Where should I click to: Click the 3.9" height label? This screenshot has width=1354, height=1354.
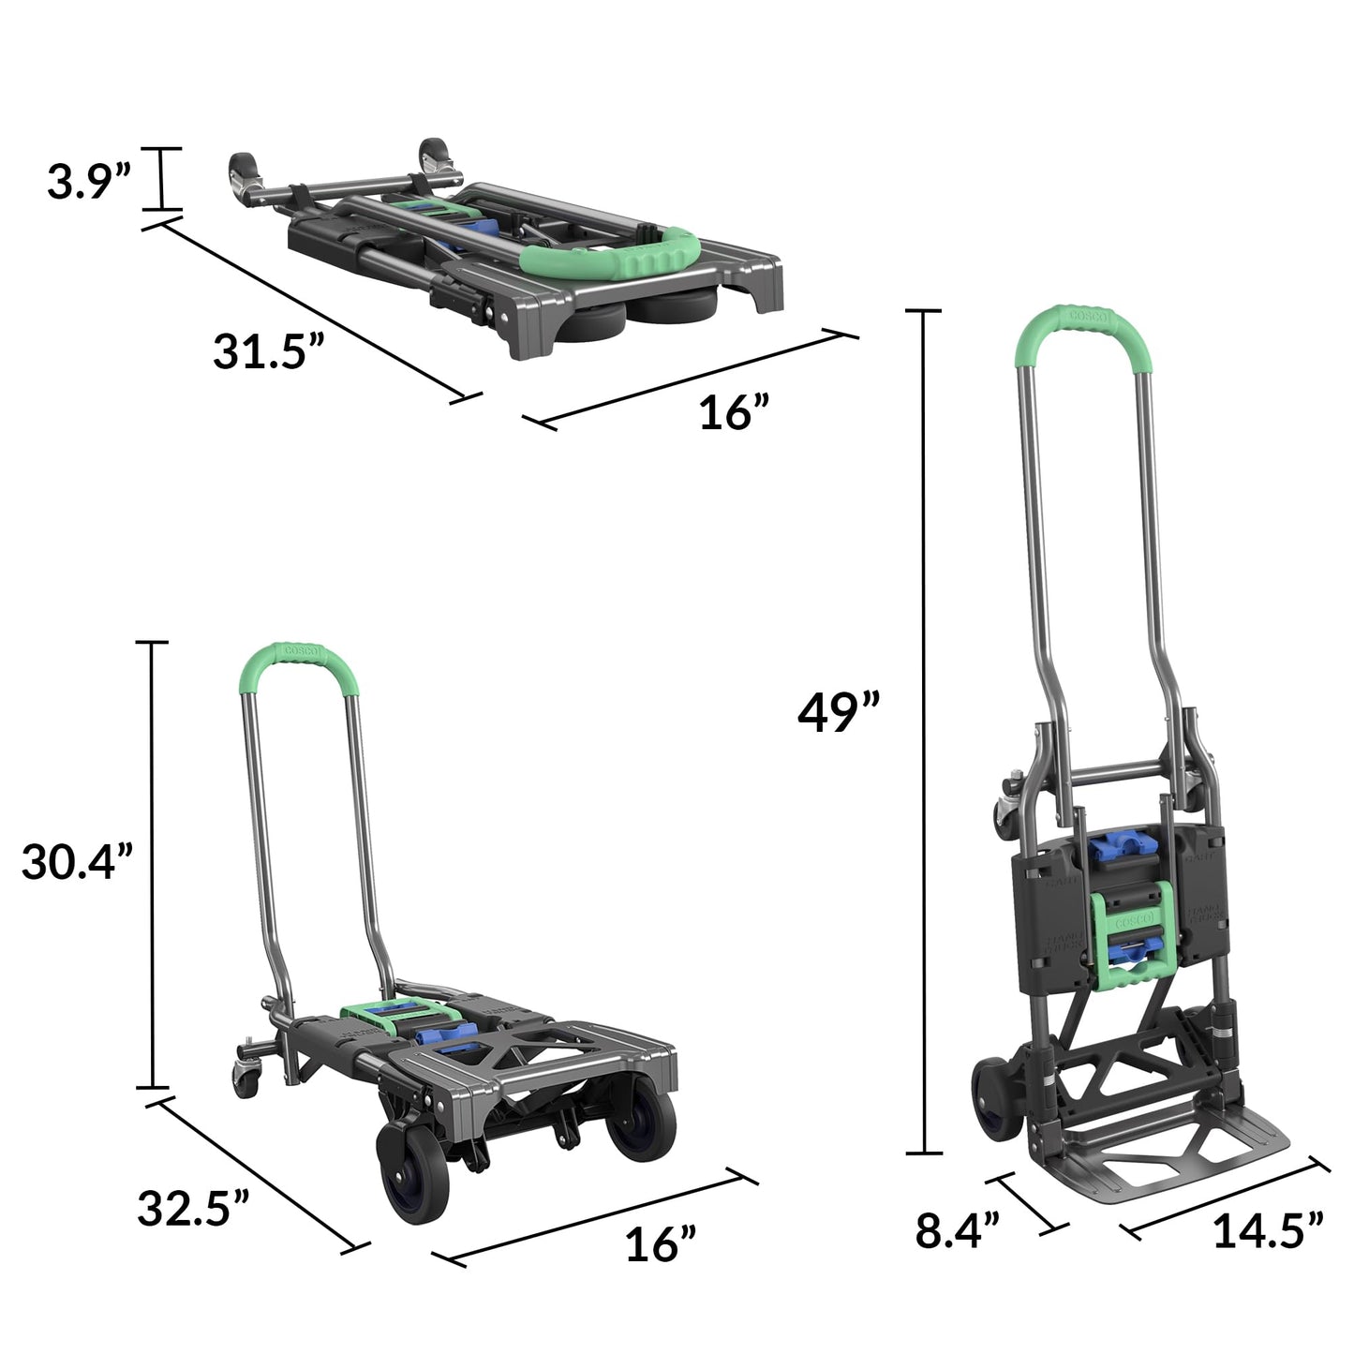pyautogui.click(x=89, y=183)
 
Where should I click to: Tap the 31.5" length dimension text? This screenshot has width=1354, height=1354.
pyautogui.click(x=268, y=352)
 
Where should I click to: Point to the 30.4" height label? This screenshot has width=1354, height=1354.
pyautogui.click(x=79, y=862)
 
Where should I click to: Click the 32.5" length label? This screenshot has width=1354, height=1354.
pyautogui.click(x=194, y=1209)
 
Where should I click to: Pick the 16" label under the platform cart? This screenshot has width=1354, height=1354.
pyautogui.click(x=661, y=1244)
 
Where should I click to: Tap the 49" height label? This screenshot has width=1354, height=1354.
pyautogui.click(x=839, y=714)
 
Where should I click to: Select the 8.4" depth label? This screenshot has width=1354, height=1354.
pyautogui.click(x=959, y=1230)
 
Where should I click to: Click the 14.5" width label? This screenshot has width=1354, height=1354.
pyautogui.click(x=1268, y=1230)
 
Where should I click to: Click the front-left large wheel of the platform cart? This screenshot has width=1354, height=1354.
pyautogui.click(x=412, y=1172)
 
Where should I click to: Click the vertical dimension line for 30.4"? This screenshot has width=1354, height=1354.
pyautogui.click(x=151, y=862)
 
